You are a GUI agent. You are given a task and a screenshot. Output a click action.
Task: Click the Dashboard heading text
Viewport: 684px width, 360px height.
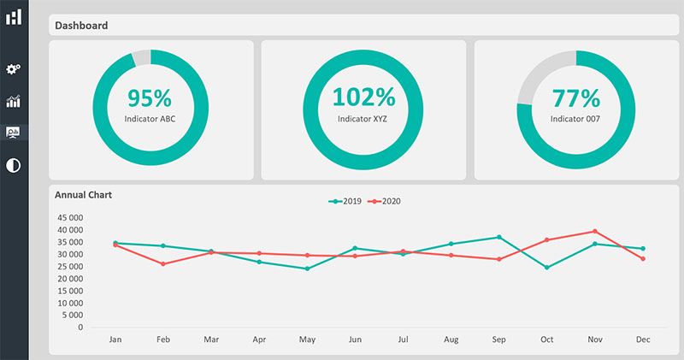[x=81, y=26]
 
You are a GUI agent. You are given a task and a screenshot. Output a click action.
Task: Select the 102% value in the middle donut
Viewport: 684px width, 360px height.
[x=363, y=98]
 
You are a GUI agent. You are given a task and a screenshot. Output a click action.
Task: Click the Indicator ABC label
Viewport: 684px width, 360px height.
[x=150, y=119]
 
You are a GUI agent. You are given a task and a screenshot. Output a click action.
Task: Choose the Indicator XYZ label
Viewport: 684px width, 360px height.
[x=363, y=119]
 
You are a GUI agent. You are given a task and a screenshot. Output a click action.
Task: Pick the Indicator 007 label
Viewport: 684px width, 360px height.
[x=575, y=119]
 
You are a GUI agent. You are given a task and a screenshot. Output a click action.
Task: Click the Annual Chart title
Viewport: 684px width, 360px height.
[x=84, y=195]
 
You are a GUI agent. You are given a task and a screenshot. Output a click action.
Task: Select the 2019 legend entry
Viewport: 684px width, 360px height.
[x=345, y=202]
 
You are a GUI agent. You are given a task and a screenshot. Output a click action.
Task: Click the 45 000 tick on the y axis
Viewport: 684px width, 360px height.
[x=70, y=218]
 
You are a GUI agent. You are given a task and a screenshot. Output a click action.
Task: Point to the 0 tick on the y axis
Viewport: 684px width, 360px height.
[x=80, y=328]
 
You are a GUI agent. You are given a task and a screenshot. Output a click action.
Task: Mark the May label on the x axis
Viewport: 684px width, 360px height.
[x=307, y=340]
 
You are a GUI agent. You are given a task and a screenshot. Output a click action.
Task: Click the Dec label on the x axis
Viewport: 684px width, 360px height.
[x=643, y=340]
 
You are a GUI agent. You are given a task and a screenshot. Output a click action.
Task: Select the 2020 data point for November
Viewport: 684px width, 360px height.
[x=595, y=231]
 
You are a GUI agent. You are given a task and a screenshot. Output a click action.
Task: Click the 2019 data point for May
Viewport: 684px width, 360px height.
[x=307, y=269]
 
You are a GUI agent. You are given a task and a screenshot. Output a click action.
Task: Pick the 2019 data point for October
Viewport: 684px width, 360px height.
[x=547, y=268]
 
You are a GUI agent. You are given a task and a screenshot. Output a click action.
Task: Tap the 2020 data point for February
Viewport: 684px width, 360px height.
[x=163, y=263]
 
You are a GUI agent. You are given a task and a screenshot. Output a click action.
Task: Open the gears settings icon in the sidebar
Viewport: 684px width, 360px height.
[x=13, y=69]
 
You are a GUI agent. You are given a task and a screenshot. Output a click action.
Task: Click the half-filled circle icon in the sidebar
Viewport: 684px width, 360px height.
[x=13, y=164]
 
